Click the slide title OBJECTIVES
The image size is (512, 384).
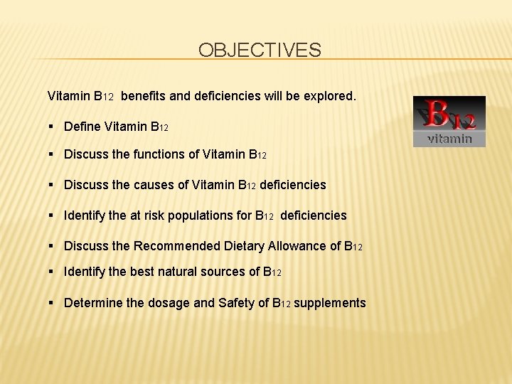click(x=260, y=50)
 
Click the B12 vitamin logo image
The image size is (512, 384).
click(x=449, y=122)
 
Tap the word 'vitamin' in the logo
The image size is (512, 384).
click(x=449, y=139)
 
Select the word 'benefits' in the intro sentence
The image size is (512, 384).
click(x=146, y=95)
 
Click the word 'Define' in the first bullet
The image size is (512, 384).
click(x=82, y=127)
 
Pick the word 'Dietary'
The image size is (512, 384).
click(x=243, y=246)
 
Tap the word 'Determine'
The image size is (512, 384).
click(x=92, y=303)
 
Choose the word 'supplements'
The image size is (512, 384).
click(x=330, y=303)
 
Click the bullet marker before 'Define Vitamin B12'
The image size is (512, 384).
click(x=53, y=127)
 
